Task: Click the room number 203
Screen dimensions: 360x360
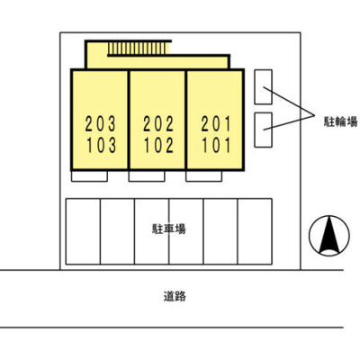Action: pos(101,124)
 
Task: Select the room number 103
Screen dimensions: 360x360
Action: pos(101,145)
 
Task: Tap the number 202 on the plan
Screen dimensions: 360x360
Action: pos(158,124)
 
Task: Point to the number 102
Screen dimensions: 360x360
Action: pos(158,145)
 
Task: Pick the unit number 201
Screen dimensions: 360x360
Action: pos(216,124)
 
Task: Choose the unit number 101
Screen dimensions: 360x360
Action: pos(216,145)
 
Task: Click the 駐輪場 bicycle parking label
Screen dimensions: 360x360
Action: pos(340,121)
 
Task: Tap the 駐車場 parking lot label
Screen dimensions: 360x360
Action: pos(169,229)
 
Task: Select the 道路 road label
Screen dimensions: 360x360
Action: pos(175,296)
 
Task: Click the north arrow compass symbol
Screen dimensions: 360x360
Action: pos(329,236)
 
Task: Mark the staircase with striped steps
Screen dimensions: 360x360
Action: pos(138,49)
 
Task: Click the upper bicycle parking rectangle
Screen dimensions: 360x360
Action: pos(264,87)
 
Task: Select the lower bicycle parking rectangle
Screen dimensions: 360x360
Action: pos(264,130)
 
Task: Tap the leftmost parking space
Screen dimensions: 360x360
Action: pos(83,231)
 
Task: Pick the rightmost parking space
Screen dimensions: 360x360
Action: pos(255,231)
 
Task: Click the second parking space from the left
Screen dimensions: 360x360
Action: pos(117,231)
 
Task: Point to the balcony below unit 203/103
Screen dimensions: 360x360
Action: pos(89,176)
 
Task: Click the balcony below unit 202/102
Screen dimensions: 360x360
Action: pos(147,176)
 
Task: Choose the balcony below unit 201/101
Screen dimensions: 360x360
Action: pos(203,176)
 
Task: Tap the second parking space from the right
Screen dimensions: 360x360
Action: pos(220,231)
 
